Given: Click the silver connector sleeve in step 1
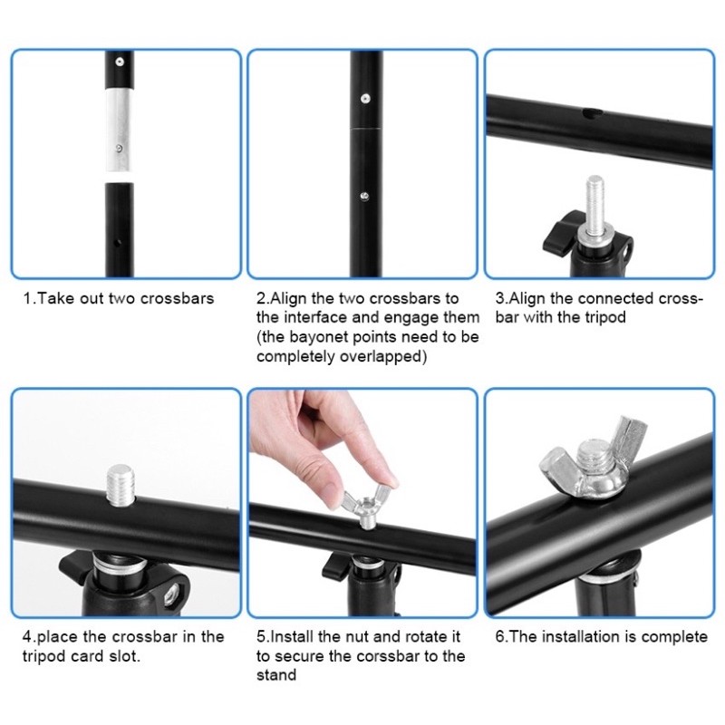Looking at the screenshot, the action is [119, 130].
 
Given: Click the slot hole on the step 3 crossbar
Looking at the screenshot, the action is [592, 112].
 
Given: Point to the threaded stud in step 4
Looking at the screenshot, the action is [120, 485].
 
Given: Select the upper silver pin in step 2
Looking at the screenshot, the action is [365, 99].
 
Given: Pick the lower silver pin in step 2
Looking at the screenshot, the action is [364, 196].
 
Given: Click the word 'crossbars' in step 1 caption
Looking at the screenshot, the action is [177, 298].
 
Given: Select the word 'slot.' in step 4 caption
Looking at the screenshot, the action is [124, 656].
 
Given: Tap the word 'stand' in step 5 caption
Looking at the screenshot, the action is [276, 675].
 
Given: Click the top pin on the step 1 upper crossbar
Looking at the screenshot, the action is [120, 61].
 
